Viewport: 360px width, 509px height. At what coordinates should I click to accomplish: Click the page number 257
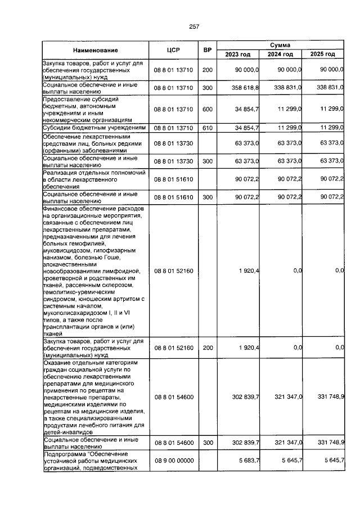(195, 27)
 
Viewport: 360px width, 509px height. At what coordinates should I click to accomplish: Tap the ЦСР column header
(173, 50)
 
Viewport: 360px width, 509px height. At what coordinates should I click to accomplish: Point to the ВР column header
(207, 50)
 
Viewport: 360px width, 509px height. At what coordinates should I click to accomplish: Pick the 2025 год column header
(323, 54)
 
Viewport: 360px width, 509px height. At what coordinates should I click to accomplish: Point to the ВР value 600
(207, 109)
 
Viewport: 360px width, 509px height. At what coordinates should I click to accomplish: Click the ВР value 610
(207, 128)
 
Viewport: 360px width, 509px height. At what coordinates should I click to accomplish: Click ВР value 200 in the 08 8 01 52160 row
(207, 348)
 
